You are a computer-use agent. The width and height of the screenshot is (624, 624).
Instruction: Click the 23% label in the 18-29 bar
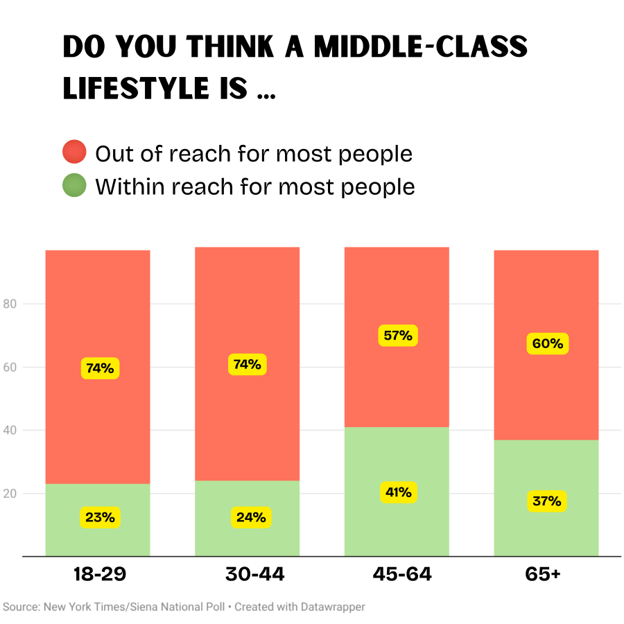click(x=101, y=517)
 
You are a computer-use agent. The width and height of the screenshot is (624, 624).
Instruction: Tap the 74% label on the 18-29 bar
click(x=101, y=368)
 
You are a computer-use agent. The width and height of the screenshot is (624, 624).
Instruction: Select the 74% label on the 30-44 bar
click(x=248, y=364)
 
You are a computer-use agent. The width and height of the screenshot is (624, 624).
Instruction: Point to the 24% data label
click(x=250, y=517)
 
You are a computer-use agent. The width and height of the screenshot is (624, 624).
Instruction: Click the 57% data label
click(x=398, y=336)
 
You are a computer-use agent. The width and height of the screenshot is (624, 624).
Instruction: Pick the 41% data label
click(x=398, y=493)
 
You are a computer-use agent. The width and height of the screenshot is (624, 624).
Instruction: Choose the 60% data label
click(x=548, y=344)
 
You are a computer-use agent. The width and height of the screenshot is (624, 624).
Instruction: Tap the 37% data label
click(x=548, y=501)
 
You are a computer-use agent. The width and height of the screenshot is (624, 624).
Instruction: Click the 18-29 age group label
click(x=100, y=575)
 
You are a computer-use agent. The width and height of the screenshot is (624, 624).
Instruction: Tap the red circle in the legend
click(x=74, y=152)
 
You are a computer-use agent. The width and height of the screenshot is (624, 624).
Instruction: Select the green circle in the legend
click(x=74, y=186)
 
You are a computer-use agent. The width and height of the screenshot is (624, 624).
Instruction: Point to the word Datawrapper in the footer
click(x=333, y=607)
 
